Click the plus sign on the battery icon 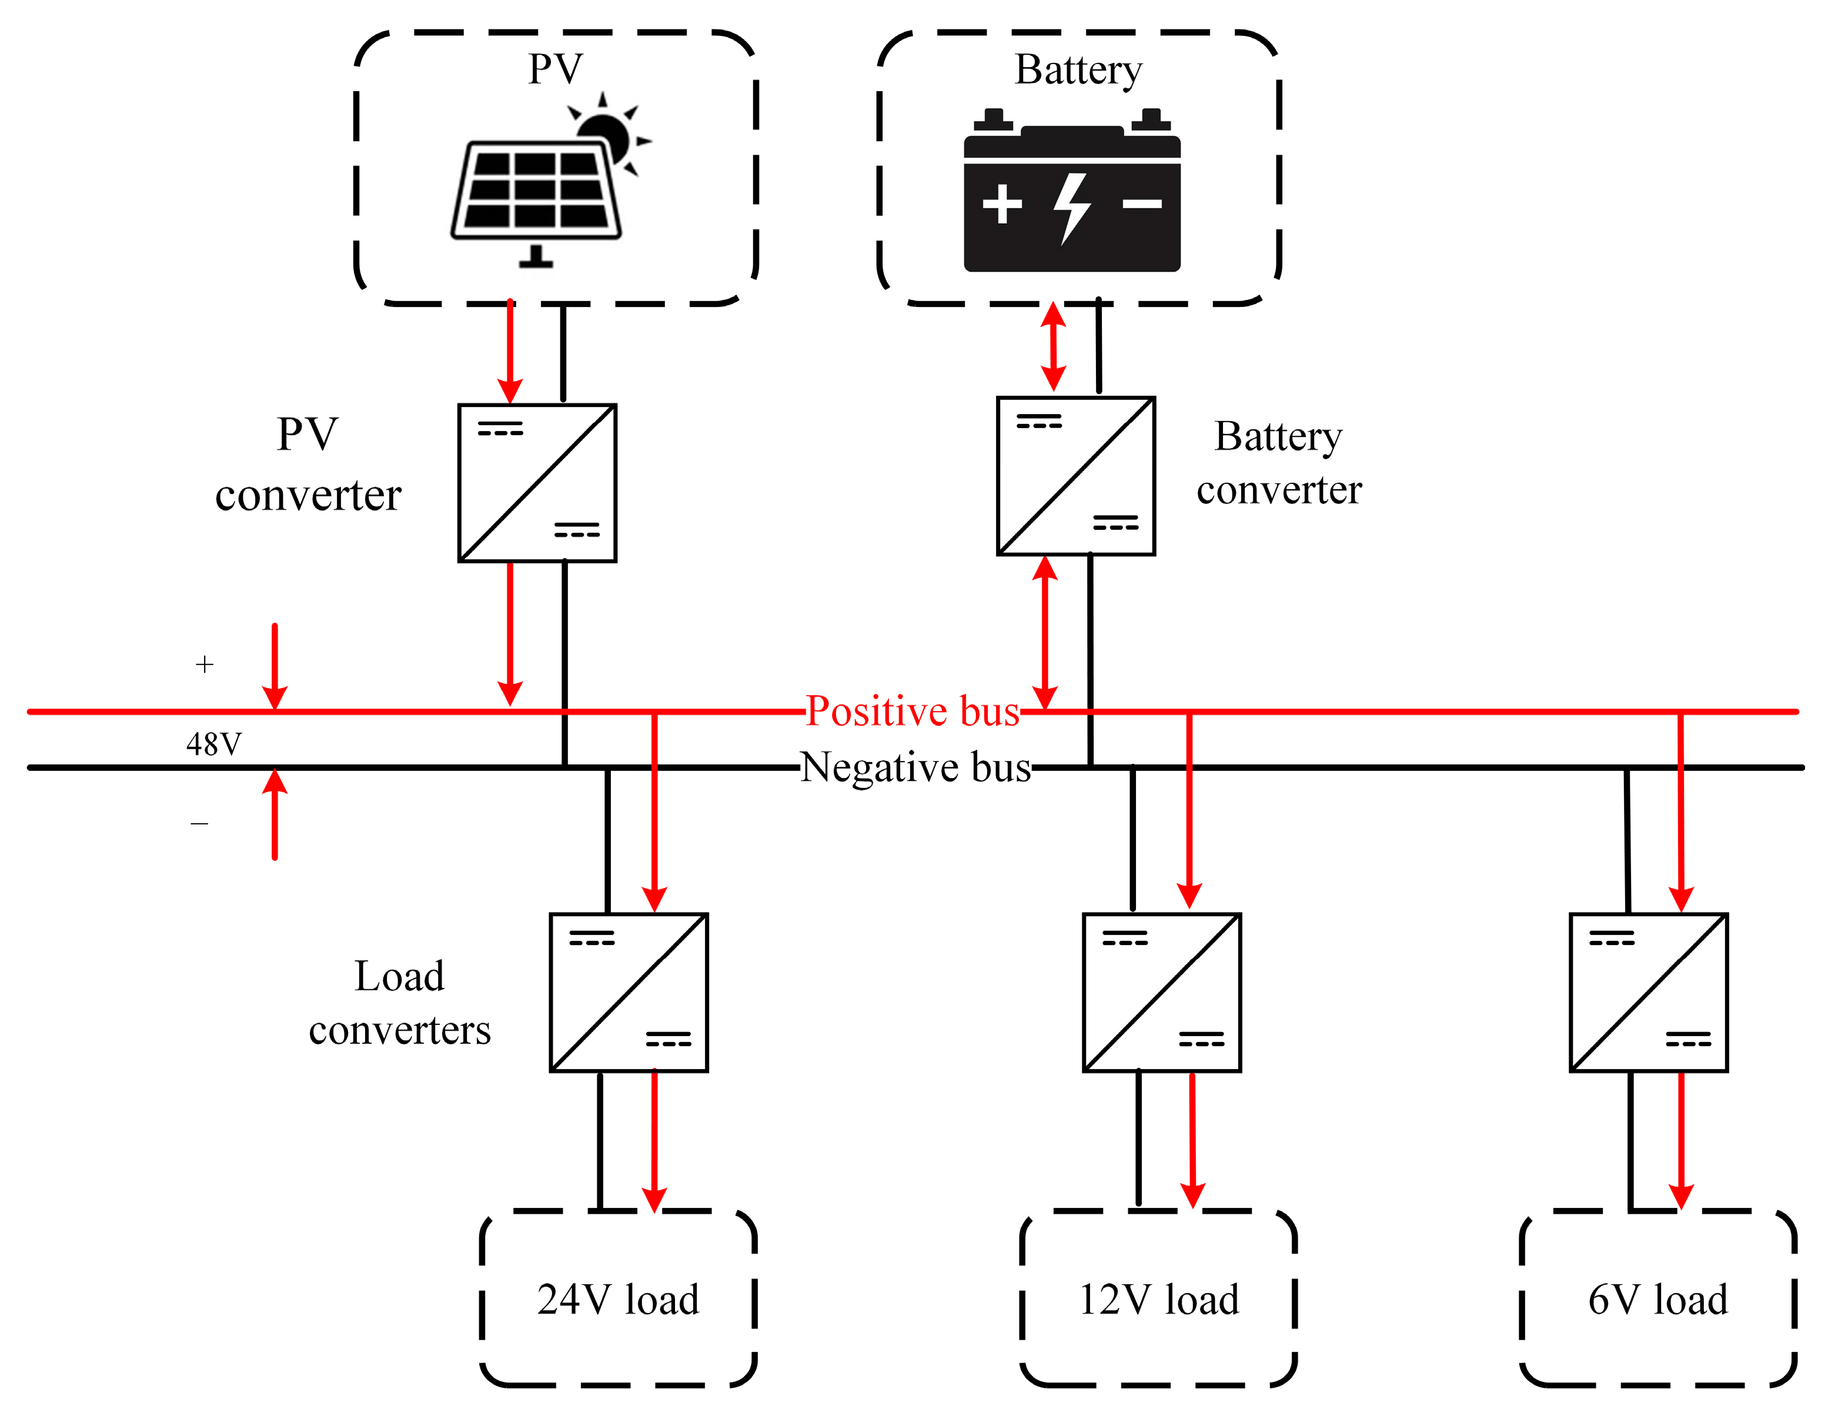pyautogui.click(x=1001, y=203)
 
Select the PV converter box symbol pyautogui.click(x=537, y=483)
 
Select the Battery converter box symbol pyautogui.click(x=1075, y=476)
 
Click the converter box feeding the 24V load pyautogui.click(x=629, y=992)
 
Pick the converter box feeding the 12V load pyautogui.click(x=1161, y=992)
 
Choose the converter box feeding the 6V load pyautogui.click(x=1649, y=992)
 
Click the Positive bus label pyautogui.click(x=913, y=711)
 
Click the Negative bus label pyautogui.click(x=915, y=767)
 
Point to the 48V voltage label pyautogui.click(x=214, y=744)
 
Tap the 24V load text pyautogui.click(x=618, y=1300)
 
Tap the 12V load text pyautogui.click(x=1159, y=1300)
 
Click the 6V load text pyautogui.click(x=1657, y=1300)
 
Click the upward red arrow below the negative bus pyautogui.click(x=275, y=814)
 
